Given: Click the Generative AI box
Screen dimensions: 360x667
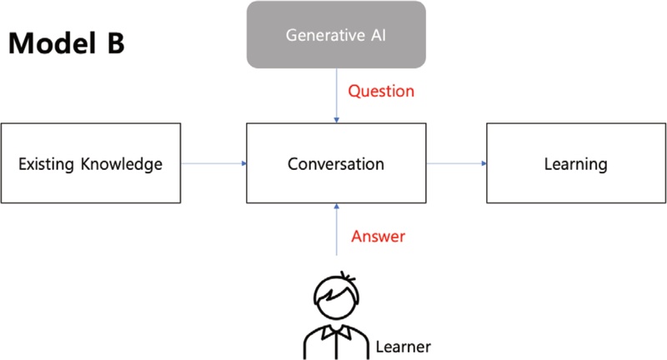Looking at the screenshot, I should (335, 35).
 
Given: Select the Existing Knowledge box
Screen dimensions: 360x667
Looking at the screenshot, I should (91, 163).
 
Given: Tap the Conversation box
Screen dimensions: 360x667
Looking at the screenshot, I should (336, 163).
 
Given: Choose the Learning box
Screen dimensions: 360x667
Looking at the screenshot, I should (576, 163).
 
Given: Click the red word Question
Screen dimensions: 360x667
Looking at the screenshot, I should (381, 90).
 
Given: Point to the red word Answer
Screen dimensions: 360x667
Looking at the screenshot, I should (378, 236).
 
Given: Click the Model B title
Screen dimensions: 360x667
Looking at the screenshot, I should (67, 43).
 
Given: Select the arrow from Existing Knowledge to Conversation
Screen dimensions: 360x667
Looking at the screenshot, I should (213, 163).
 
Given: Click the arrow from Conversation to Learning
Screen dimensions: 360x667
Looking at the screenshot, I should (456, 163).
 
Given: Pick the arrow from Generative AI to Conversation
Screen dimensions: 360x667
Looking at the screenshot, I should (336, 95).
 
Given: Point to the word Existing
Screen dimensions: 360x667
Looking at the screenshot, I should (47, 163).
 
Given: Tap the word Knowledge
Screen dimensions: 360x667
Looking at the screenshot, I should (120, 163).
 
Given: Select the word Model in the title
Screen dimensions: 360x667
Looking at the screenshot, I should (50, 43).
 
